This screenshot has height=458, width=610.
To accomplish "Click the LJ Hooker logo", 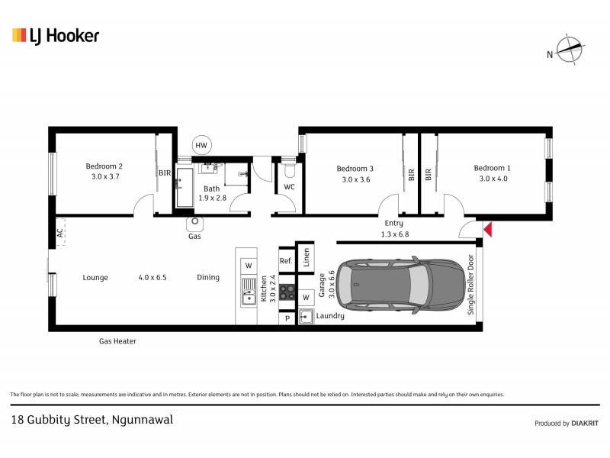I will point(55,35).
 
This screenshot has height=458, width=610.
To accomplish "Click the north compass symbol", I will point(569,50).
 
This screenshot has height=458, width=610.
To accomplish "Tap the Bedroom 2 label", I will point(104,166).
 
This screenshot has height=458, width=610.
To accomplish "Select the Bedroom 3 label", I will point(355,169).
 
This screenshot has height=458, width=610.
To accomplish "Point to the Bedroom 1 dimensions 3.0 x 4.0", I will point(493,179).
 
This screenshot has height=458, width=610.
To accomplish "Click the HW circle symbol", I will point(201,145).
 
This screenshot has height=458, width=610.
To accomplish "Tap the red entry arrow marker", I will point(488,229).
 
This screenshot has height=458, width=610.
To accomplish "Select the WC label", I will point(289,187).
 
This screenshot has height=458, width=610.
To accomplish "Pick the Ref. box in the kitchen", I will point(286,260).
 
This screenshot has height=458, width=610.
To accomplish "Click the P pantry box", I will point(287,319).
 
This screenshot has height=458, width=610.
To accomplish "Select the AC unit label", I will point(59,233).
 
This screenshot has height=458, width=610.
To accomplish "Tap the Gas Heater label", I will point(117,341).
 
